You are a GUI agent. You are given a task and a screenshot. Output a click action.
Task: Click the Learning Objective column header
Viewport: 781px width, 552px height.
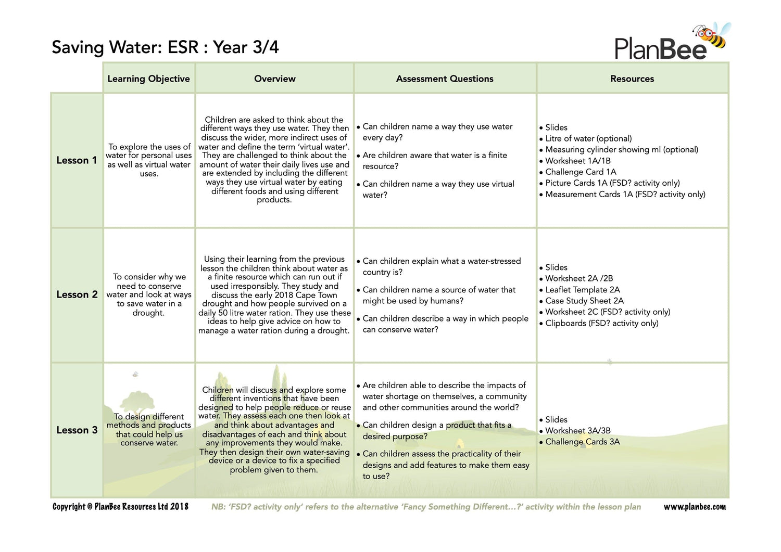[148, 79]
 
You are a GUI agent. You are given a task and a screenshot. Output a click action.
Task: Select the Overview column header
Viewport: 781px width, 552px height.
[274, 79]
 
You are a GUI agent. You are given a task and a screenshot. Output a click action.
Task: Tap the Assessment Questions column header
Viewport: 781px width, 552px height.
[445, 79]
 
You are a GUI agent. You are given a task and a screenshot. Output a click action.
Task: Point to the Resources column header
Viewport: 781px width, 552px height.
[632, 79]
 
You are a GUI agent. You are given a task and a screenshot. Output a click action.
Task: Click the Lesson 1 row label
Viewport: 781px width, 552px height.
[77, 160]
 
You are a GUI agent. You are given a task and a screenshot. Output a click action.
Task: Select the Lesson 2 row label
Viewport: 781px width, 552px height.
[77, 294]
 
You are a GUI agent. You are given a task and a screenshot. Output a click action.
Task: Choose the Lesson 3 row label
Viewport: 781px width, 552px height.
[77, 430]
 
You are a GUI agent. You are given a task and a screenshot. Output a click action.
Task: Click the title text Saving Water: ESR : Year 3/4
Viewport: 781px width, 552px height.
[165, 47]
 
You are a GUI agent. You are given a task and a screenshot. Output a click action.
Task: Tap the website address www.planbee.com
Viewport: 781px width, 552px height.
[694, 507]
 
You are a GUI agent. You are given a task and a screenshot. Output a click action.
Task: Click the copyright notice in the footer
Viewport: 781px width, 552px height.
[120, 507]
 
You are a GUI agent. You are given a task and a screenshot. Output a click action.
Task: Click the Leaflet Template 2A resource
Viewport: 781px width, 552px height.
[582, 290]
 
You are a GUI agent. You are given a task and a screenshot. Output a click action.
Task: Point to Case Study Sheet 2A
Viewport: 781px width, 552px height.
[584, 301]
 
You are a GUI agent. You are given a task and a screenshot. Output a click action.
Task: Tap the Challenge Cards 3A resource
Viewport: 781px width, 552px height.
[582, 442]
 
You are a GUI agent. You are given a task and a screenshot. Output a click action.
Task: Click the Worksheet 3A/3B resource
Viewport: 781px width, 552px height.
[578, 431]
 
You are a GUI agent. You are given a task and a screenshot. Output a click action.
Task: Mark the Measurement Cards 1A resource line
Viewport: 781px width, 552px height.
[625, 194]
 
